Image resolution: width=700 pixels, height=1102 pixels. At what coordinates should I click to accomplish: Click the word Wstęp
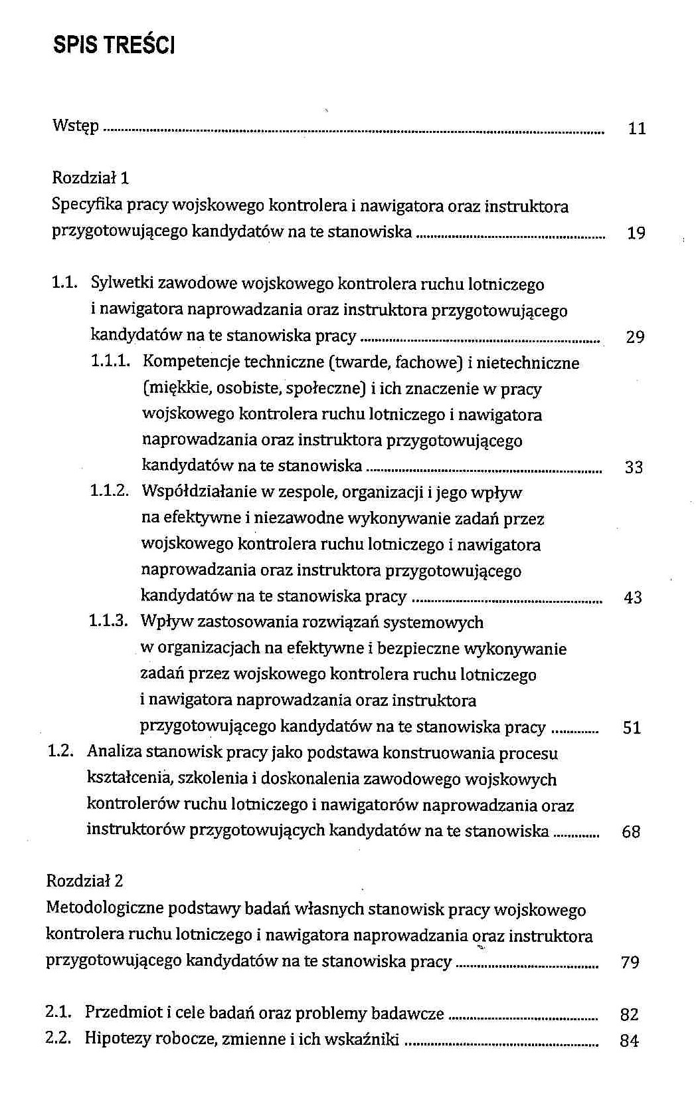76,126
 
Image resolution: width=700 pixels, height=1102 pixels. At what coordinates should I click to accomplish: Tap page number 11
636,129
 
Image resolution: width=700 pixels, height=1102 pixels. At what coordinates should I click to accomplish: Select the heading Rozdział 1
90,177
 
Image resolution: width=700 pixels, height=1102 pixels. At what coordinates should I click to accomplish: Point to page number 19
636,233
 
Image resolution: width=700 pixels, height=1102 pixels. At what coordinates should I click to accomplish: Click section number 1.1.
65,284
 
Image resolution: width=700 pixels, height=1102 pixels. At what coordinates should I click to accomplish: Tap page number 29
634,337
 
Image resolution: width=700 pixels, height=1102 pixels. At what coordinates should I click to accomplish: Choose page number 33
634,467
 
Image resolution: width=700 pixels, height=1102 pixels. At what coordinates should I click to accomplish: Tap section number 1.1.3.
108,621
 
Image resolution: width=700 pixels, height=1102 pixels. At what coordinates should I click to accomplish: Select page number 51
632,728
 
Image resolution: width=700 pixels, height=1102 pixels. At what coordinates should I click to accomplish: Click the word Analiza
111,752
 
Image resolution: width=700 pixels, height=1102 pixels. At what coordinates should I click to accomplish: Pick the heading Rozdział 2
84,881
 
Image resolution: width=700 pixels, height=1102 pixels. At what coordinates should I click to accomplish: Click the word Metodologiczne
104,909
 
